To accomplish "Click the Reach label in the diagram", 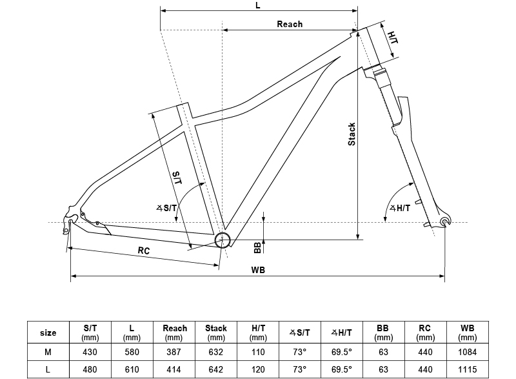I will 290,24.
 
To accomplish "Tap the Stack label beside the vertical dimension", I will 352,134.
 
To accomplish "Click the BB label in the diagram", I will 257,246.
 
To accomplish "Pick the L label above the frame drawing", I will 258,5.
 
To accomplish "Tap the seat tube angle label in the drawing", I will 166,207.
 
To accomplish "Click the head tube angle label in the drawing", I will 401,207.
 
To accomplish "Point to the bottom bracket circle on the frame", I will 223,240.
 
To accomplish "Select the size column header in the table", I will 48,333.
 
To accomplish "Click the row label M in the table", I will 48,352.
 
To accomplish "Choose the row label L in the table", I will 48,369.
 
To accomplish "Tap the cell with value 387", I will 174,352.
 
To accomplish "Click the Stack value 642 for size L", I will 216,369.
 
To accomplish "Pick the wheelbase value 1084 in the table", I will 468,352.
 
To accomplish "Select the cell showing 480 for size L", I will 90,369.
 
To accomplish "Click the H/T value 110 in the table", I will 258,352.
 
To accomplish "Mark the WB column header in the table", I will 468,333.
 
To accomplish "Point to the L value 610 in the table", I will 132,369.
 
